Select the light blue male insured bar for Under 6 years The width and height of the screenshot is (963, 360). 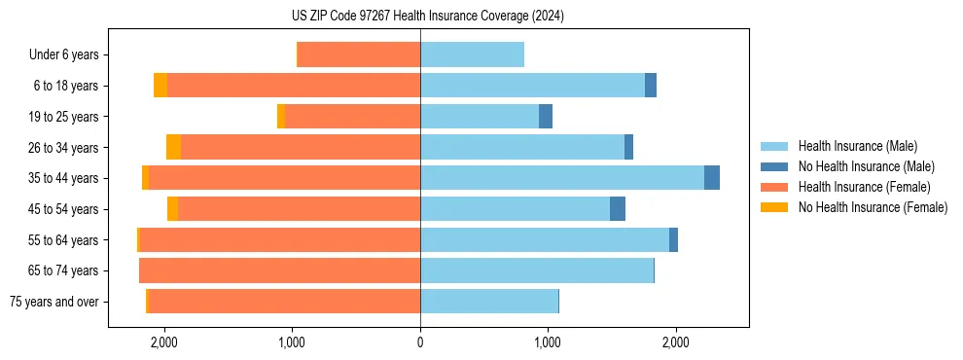472,54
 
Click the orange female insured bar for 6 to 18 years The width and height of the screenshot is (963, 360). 293,86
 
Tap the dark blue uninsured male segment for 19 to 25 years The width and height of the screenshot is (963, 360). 546,117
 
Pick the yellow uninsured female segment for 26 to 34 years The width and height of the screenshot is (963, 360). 173,147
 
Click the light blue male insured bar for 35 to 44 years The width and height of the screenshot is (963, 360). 561,178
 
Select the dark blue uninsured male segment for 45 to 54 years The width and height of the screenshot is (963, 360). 618,209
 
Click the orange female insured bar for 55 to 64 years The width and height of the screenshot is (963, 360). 279,240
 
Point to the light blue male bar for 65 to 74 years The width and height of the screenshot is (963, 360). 536,270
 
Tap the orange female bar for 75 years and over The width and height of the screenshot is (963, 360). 283,302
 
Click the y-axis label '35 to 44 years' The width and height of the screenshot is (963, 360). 64,178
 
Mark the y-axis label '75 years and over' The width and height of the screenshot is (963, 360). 54,302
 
